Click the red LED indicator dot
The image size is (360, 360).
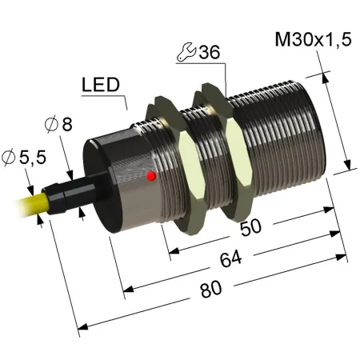(x=151, y=176)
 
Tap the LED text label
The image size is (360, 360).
(x=101, y=85)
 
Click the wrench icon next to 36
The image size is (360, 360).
(x=186, y=52)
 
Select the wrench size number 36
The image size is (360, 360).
(x=210, y=52)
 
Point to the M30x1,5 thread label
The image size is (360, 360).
(x=314, y=40)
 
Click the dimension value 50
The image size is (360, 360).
(x=250, y=228)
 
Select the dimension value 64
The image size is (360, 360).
(x=231, y=258)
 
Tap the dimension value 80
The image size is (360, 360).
(x=211, y=290)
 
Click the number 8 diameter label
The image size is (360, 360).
(x=67, y=124)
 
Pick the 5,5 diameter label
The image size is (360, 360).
(x=33, y=158)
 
